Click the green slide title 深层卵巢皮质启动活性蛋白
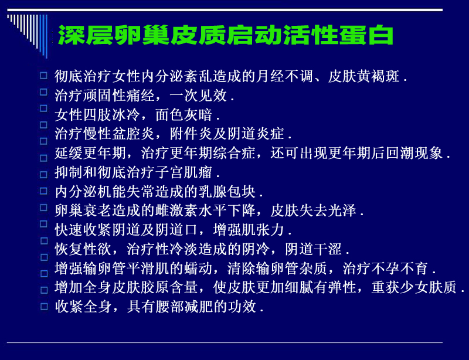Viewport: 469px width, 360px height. point(225,35)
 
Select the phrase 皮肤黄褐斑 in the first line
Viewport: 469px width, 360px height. point(363,76)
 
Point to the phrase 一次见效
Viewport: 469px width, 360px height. point(198,96)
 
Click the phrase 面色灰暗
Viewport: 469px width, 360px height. point(184,114)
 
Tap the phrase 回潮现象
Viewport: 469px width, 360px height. point(414,152)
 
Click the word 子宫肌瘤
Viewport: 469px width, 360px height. point(184,172)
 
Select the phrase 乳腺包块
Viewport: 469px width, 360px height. point(227,192)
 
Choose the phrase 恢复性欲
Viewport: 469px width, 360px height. point(83,249)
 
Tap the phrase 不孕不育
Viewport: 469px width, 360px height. point(400,268)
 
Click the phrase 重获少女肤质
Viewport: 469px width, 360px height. point(414,287)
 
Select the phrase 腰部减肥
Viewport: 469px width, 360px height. point(184,306)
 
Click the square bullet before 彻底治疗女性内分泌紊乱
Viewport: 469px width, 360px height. point(43,75)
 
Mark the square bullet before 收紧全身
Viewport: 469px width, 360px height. point(43,306)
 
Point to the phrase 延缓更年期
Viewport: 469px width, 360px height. point(90,152)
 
